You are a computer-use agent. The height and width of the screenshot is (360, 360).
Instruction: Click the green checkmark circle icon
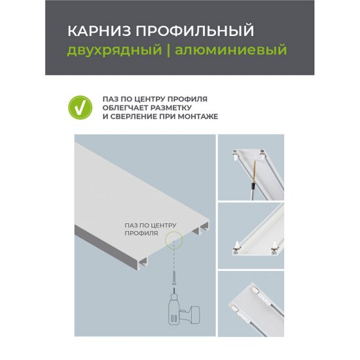(x=79, y=107)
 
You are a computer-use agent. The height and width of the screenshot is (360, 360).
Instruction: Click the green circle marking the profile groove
(x=174, y=240)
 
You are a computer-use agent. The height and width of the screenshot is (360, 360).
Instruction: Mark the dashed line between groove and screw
(x=174, y=262)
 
